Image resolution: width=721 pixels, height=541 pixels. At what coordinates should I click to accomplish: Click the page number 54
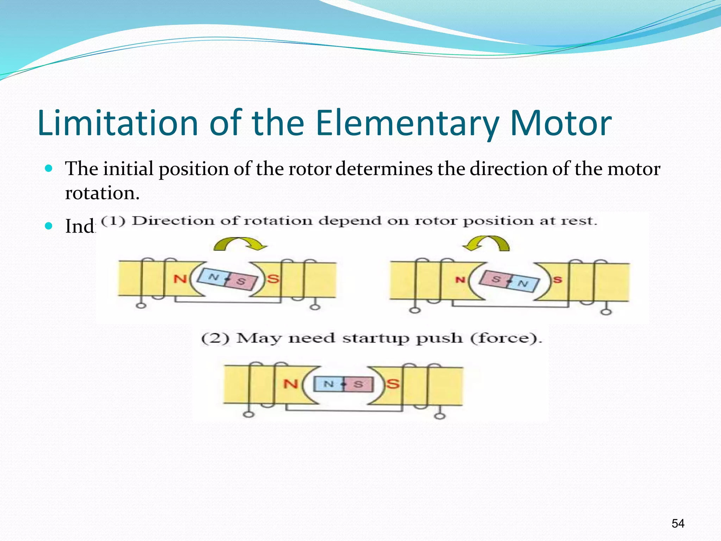point(678,523)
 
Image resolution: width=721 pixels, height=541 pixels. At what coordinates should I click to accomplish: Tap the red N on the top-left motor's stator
point(180,279)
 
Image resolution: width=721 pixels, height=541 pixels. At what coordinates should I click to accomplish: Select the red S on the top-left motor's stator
point(273,279)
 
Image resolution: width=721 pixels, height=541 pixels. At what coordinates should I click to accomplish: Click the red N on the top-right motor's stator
point(460,280)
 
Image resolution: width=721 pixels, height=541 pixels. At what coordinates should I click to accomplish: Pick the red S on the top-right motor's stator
point(557,280)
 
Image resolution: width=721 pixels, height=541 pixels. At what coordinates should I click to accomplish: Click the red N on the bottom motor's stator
point(291,384)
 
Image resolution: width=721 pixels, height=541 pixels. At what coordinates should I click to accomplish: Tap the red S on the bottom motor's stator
point(393,384)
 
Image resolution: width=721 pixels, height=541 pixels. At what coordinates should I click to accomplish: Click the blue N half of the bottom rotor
point(328,384)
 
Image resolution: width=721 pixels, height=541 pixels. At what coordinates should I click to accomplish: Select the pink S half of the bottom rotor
point(358,384)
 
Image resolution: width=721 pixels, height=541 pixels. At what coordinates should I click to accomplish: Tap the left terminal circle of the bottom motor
point(249,415)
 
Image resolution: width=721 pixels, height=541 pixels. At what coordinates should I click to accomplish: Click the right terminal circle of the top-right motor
point(606,312)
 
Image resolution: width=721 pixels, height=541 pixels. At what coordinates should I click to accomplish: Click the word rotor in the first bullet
point(310,169)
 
